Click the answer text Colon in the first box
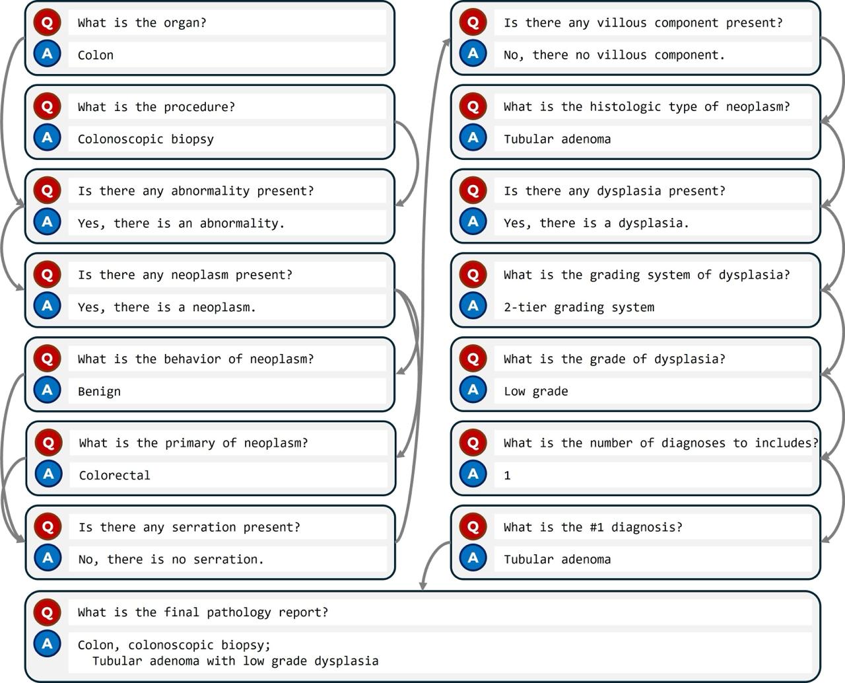point(96,55)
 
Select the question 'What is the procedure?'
point(156,107)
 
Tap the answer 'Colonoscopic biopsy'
point(145,139)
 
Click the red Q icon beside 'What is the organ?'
point(47,22)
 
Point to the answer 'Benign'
point(99,391)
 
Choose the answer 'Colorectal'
point(114,475)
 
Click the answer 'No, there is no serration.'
point(170,559)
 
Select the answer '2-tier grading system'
point(579,307)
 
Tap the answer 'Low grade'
point(535,391)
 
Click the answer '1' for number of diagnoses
point(507,475)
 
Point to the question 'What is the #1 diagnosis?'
point(593,527)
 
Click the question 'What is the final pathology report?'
point(203,612)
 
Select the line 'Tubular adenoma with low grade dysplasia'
point(235,661)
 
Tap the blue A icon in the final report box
point(47,643)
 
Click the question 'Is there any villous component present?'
point(643,22)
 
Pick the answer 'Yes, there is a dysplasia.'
point(596,223)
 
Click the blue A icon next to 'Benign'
point(47,390)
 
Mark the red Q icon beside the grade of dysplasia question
point(473,359)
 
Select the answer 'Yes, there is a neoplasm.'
point(166,307)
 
